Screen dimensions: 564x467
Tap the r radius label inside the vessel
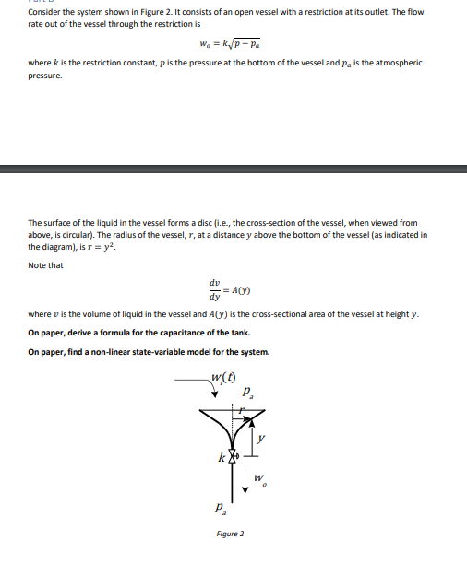click(243, 407)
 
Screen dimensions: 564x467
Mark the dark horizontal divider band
click(233, 169)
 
